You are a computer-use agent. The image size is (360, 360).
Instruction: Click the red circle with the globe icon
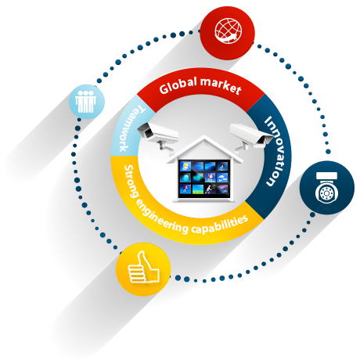tap(227, 33)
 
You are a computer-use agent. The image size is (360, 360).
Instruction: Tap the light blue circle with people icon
tap(87, 102)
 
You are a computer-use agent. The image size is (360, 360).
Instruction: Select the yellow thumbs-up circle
tap(143, 269)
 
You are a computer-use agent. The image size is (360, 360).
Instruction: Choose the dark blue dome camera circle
tap(327, 188)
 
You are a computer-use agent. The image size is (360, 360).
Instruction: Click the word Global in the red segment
tap(178, 85)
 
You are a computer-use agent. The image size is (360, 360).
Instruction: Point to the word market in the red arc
tap(221, 85)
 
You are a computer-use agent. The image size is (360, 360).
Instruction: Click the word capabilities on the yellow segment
tap(220, 225)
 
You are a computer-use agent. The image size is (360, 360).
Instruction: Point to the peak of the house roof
tap(204, 136)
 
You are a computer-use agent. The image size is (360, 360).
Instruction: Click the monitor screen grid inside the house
tap(204, 178)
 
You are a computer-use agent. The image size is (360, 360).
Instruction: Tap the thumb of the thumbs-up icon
tap(142, 261)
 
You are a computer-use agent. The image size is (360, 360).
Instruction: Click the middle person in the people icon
tap(85, 101)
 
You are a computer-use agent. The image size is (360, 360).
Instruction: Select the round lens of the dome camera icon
tap(326, 193)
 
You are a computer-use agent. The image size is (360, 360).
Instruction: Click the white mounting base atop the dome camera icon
tap(326, 176)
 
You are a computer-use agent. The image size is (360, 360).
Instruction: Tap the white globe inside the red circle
tap(228, 31)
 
